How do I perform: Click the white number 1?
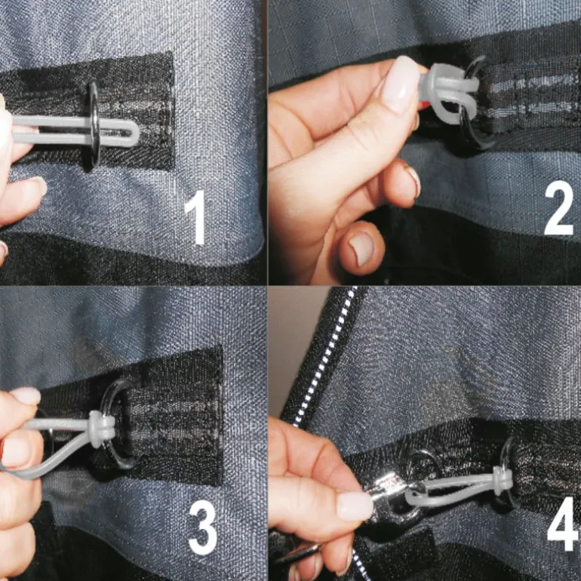click(195, 217)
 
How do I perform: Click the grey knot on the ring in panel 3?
click(97, 429)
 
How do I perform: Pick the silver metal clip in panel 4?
click(394, 493)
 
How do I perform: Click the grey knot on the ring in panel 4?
click(501, 480)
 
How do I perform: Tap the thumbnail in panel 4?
click(353, 506)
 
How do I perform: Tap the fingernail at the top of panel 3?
click(26, 395)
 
